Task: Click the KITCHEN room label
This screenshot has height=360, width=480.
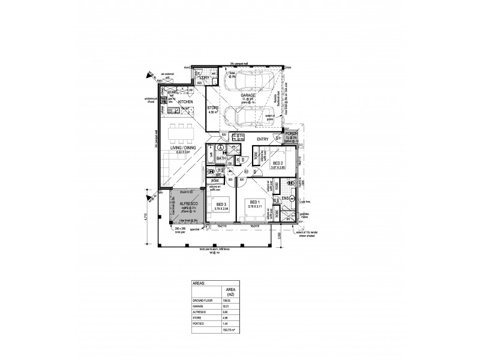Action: pos(185,102)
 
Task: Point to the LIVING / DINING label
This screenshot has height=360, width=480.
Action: pos(182,148)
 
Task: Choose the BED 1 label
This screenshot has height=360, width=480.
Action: pos(254,202)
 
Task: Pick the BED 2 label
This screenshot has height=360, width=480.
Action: pos(277,163)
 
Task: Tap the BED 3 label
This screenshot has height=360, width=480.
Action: pos(221,205)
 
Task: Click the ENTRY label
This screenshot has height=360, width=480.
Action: pos(262,139)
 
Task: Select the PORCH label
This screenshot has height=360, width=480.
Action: pos(292,134)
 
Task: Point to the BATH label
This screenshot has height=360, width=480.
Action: pos(221,158)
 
